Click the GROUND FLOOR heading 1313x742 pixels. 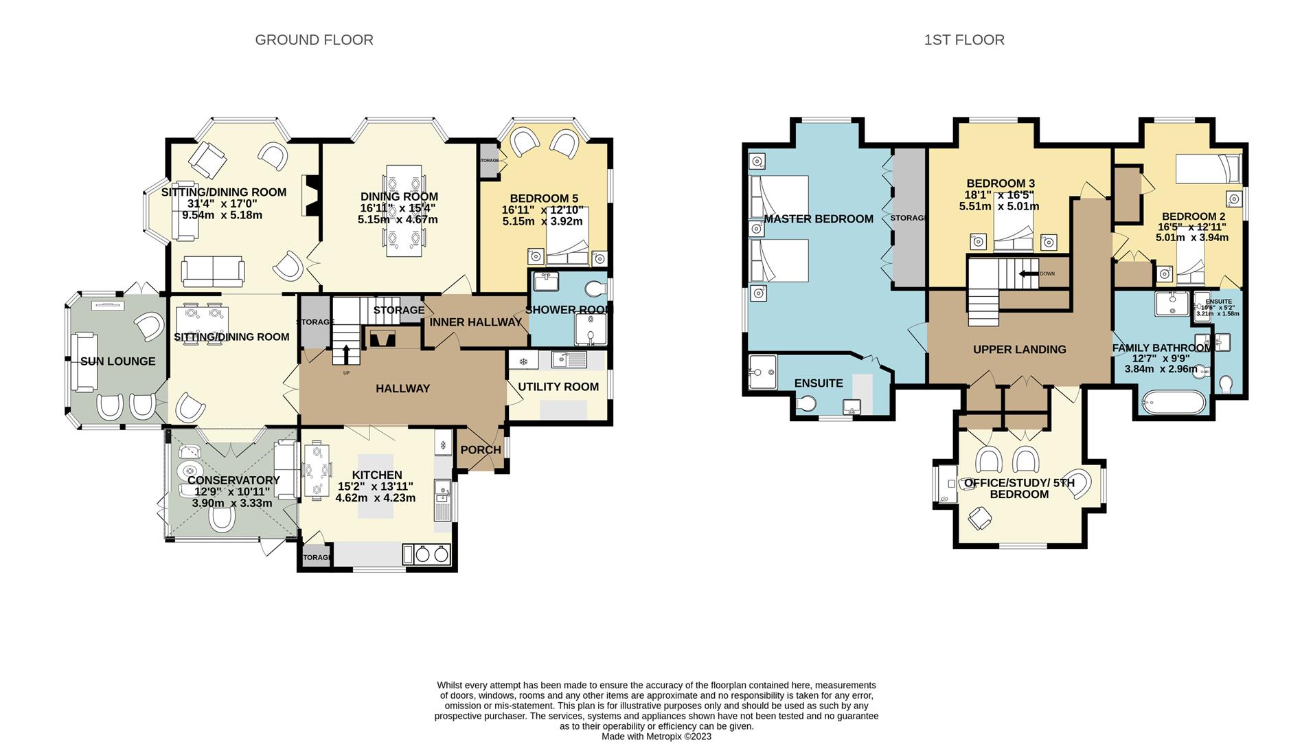[x=314, y=40]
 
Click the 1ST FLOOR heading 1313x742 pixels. [x=963, y=40]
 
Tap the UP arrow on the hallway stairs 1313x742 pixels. [x=345, y=354]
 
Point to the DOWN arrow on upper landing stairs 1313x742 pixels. [x=1027, y=273]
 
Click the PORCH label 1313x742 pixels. [x=480, y=450]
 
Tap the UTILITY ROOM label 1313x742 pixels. [x=558, y=387]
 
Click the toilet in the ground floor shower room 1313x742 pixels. [x=595, y=287]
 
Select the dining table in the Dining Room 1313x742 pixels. [x=404, y=211]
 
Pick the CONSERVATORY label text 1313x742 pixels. [x=233, y=480]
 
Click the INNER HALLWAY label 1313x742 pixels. [x=475, y=322]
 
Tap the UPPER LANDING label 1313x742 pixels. [x=1019, y=350]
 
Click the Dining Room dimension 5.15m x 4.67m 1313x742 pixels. [x=398, y=220]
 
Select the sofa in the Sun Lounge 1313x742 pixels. [x=84, y=362]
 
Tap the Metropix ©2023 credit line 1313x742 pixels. [x=656, y=737]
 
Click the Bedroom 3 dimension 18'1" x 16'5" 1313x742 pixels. [x=999, y=195]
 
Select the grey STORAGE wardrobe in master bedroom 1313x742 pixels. [x=908, y=218]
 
